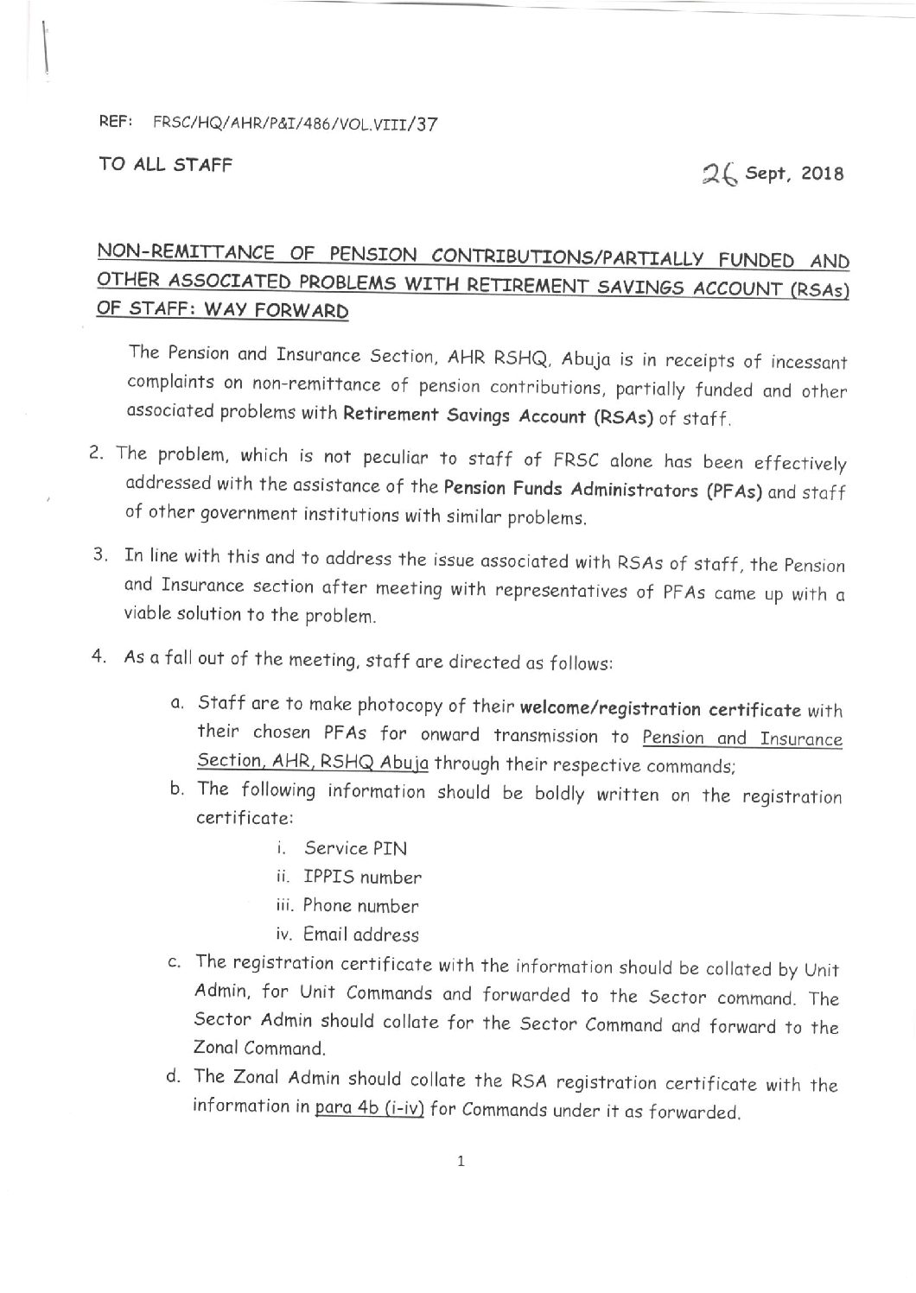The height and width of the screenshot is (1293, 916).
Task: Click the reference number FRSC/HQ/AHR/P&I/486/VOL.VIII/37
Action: (295, 124)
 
